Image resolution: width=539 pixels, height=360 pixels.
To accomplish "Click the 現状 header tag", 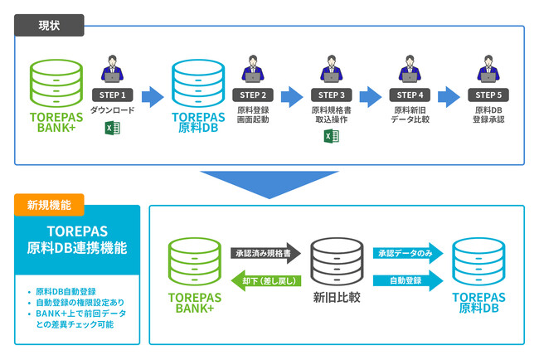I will (49, 25).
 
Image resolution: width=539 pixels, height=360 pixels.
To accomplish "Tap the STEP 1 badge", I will (112, 95).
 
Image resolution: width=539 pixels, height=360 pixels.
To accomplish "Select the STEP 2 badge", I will (253, 95).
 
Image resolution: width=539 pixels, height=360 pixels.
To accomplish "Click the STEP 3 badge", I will (331, 95).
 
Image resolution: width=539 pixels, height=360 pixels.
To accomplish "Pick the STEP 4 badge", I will (409, 95).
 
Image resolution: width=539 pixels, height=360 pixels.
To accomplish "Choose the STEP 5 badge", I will (490, 95).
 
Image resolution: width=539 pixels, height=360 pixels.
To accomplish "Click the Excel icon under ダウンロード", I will (112, 128).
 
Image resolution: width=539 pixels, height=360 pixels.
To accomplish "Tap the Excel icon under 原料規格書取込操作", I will (331, 136).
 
